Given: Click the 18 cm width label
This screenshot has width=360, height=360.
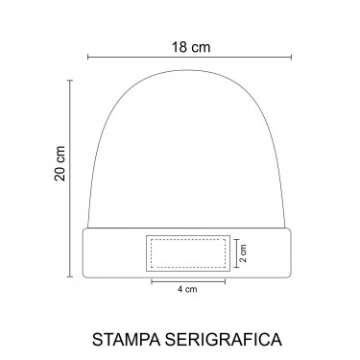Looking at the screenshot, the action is coord(191,47).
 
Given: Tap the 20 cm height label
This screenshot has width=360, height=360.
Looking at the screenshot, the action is coord(60,163).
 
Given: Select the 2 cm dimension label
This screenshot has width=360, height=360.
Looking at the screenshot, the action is coord(243,253).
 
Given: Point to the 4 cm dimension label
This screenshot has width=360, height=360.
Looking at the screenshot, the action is coord(187,289).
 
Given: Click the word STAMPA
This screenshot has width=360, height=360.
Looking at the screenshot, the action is coord(126,339).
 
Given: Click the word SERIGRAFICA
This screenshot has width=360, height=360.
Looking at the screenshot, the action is coord(224,339).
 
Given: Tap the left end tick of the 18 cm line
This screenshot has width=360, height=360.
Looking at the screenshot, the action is coord(88,57).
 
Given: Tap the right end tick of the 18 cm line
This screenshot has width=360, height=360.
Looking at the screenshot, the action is coord(291,57).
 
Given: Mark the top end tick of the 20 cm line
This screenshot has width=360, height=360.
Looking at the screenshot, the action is coord(70,81).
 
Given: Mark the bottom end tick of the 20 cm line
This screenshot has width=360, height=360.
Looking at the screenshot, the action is coord(70,276).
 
